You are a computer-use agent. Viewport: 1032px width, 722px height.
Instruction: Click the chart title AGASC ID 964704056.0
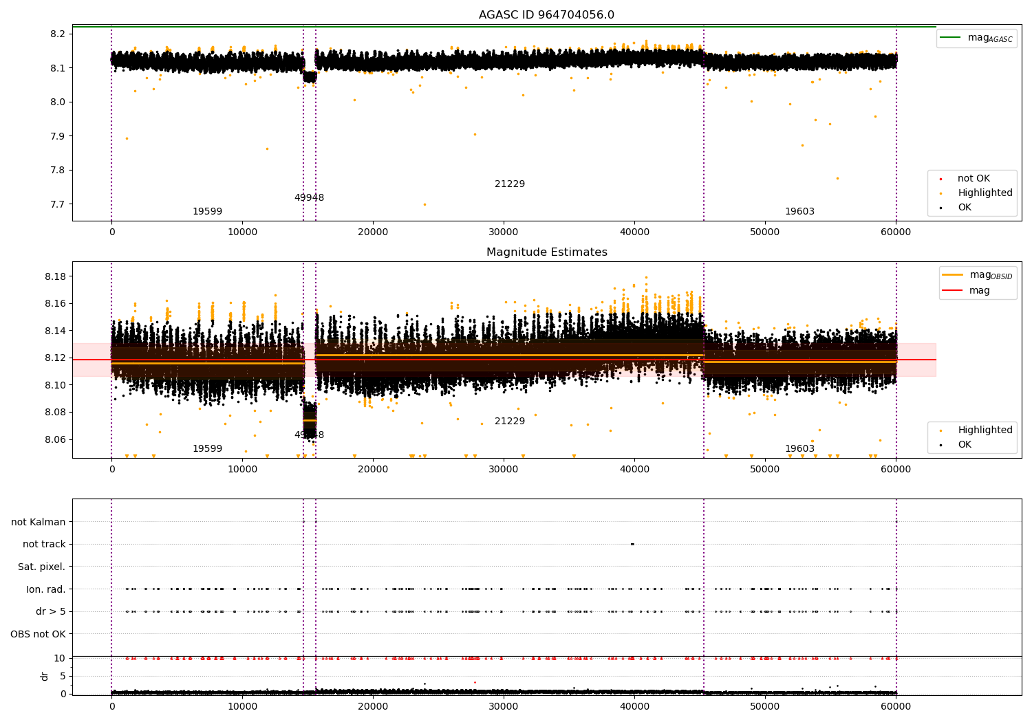pos(546,15)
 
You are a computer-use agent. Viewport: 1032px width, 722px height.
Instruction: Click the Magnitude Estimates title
pos(546,252)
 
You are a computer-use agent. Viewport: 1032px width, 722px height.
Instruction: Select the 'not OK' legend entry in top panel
pos(974,179)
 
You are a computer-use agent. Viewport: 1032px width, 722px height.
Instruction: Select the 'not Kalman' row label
pos(39,522)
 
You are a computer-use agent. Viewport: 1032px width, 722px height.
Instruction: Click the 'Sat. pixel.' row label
pos(41,567)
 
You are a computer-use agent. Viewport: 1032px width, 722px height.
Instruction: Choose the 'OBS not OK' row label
pos(38,634)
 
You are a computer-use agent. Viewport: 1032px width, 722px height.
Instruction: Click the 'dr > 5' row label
pos(50,611)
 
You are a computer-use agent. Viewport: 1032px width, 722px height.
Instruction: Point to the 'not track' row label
pos(44,544)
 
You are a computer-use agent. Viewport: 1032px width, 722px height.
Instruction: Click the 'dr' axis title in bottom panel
pos(45,676)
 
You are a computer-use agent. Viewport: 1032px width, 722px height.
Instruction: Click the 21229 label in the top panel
pos(509,184)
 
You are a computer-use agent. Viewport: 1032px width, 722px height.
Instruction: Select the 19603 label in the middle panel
pos(799,449)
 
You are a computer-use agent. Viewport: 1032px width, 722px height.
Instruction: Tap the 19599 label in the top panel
pos(207,212)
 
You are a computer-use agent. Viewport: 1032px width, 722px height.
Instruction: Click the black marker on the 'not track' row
pos(632,544)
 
